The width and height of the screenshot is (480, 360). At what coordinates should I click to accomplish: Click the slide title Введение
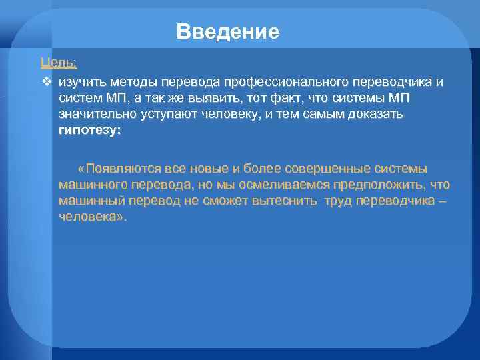tap(228, 31)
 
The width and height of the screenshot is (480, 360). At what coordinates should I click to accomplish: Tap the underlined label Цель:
tap(59, 63)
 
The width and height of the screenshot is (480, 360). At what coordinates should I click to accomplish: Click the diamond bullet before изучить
tap(46, 82)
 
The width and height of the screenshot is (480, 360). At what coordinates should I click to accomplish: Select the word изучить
tap(81, 82)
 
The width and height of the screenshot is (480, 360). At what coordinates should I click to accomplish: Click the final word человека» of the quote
tap(92, 217)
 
